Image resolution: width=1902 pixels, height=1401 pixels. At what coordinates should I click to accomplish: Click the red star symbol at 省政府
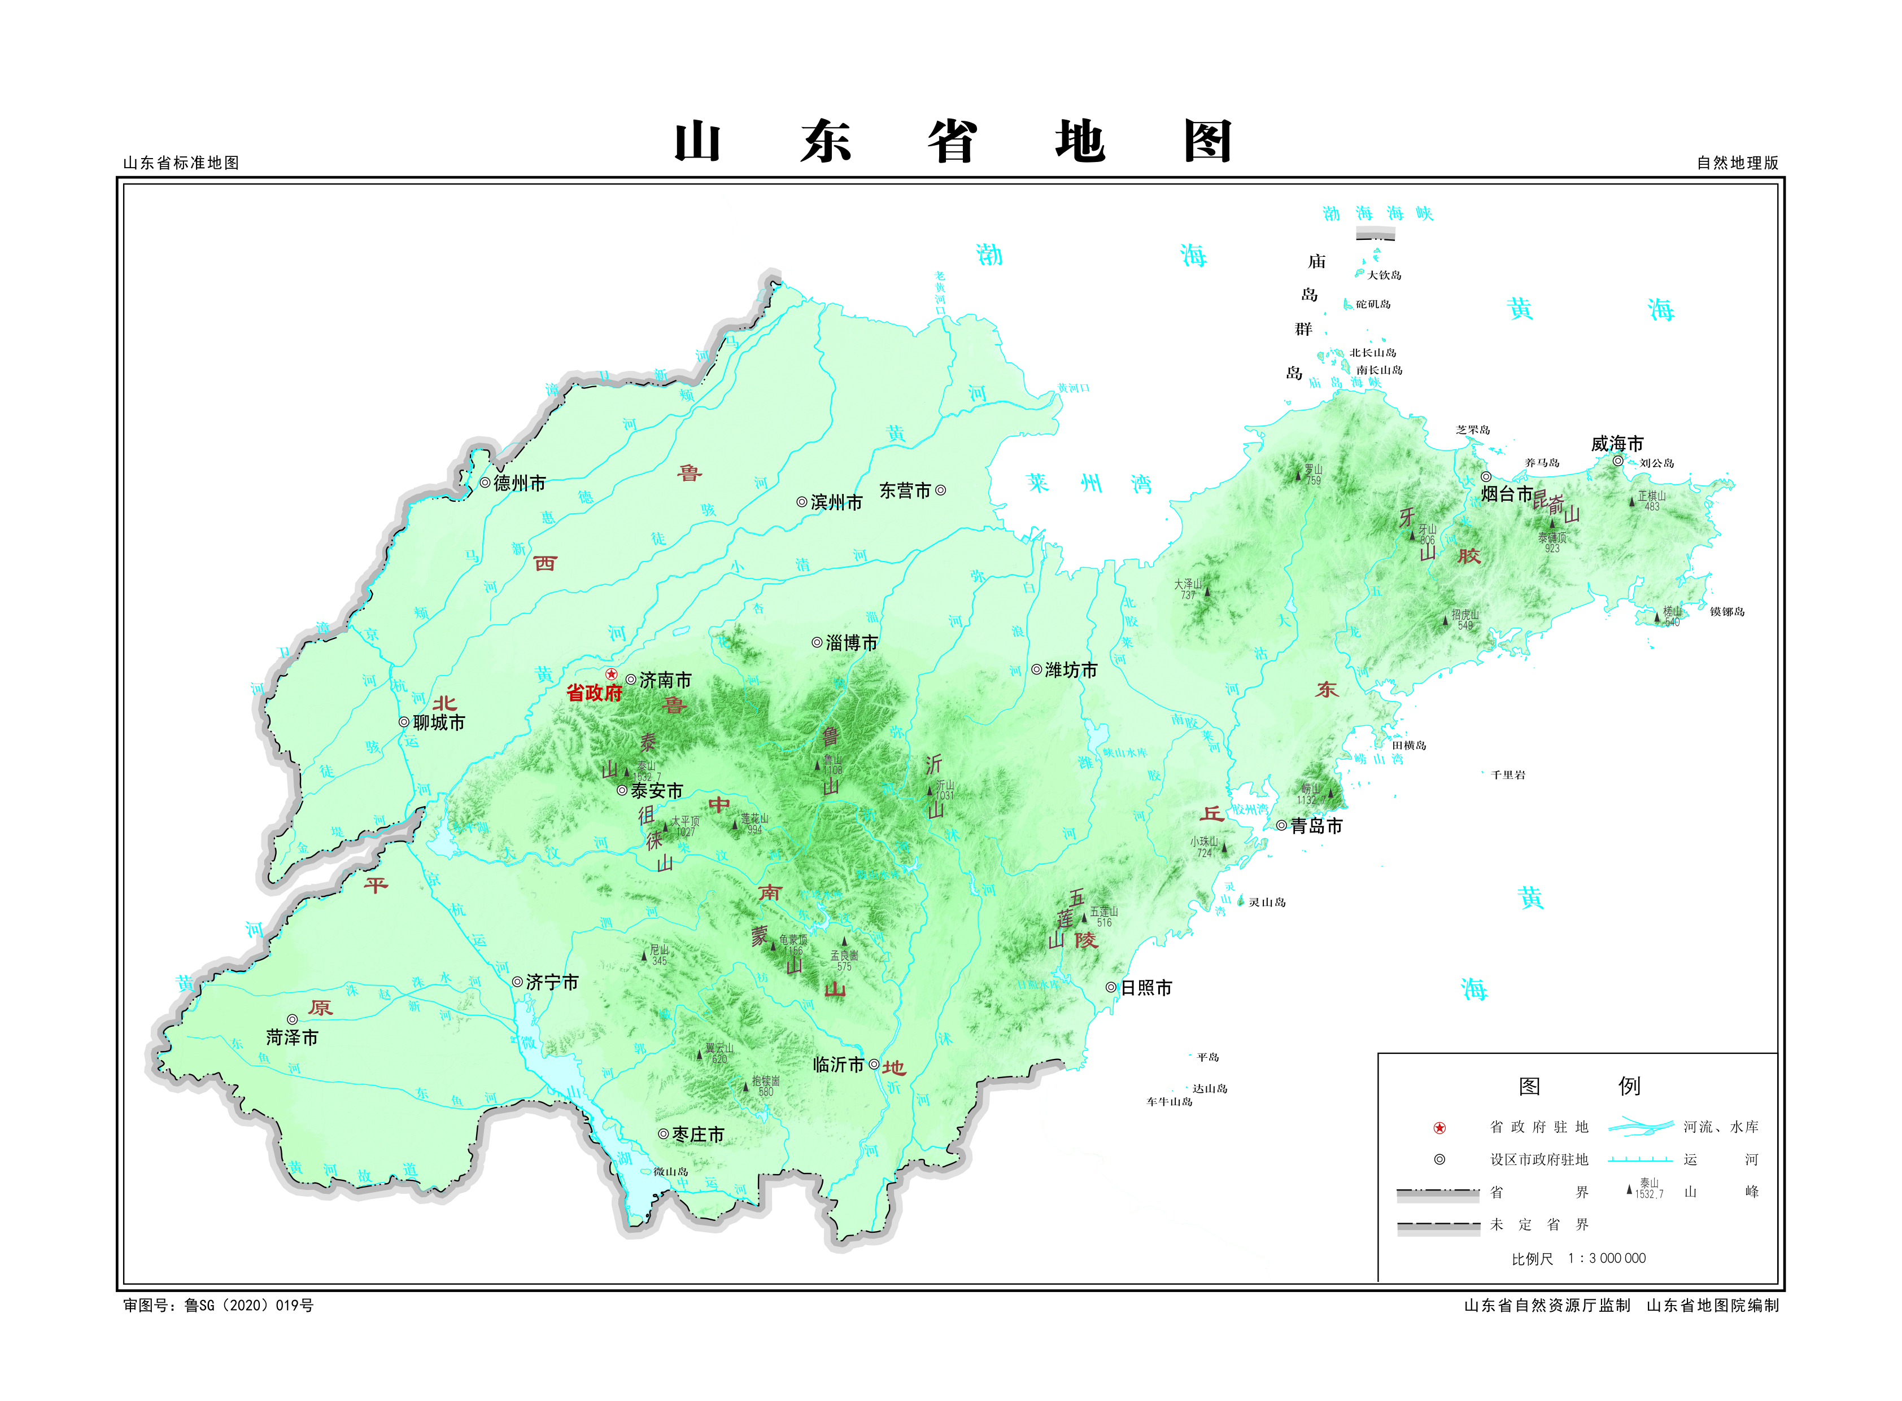pos(611,674)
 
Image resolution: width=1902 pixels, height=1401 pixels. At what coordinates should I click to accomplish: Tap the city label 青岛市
pos(1316,826)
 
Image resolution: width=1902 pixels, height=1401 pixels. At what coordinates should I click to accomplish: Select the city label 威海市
pos(1616,444)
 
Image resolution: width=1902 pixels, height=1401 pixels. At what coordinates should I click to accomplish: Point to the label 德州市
pos(519,483)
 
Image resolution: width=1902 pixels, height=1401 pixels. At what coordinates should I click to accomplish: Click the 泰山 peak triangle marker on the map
pos(627,772)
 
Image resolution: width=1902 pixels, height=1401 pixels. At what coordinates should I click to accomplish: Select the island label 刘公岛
pos(1656,463)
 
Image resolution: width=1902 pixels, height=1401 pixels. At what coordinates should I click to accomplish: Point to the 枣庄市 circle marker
pos(662,1134)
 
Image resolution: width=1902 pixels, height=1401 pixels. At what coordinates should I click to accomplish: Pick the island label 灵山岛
pos(1267,903)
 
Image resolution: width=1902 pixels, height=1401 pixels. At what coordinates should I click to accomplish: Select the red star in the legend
pos(1439,1128)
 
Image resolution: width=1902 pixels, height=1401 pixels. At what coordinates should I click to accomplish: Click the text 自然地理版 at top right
pos(1737,163)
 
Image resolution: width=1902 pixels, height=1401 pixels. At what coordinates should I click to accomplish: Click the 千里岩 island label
pos(1507,774)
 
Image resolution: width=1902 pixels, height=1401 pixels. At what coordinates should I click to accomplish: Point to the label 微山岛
pos(670,1172)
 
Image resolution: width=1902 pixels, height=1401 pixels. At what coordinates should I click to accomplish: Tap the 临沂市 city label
pos(838,1065)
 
